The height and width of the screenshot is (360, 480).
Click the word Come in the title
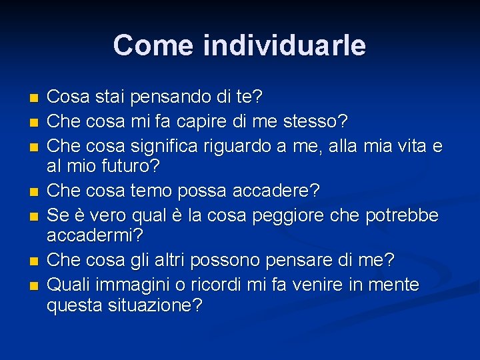[x=153, y=45]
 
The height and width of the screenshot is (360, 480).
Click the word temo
[x=151, y=191]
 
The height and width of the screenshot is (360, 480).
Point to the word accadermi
[x=95, y=235]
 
